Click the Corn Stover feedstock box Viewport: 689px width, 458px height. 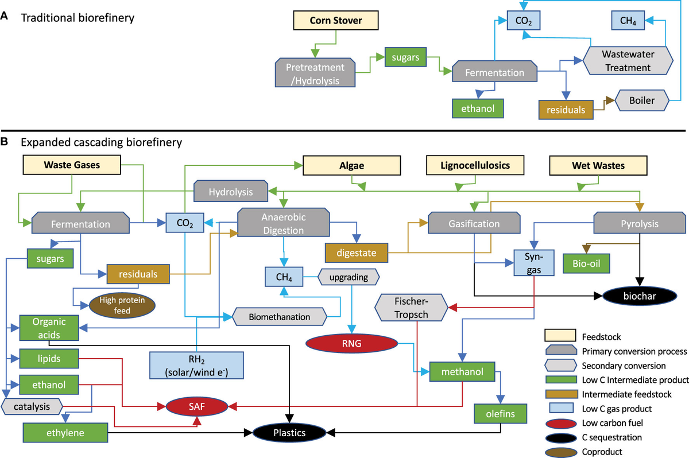coord(336,21)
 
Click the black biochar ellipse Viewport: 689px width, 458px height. coord(637,296)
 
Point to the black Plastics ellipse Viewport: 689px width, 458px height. coord(289,432)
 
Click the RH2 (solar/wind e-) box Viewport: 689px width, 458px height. coord(196,365)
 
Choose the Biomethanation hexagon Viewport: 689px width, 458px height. coord(280,316)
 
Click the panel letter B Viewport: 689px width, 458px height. coord(5,139)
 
